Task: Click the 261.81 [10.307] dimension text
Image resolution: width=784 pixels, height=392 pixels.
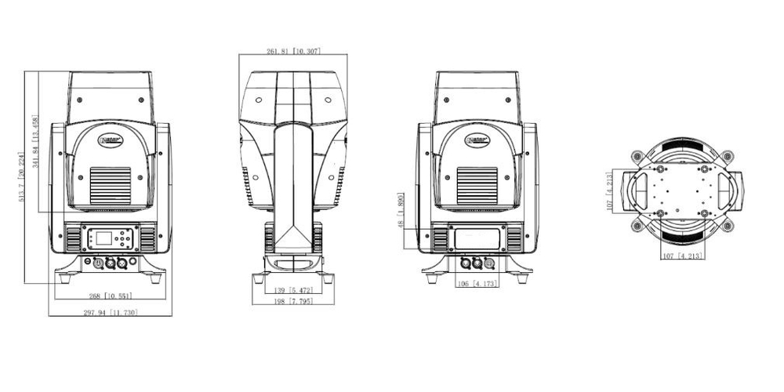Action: pos(293,51)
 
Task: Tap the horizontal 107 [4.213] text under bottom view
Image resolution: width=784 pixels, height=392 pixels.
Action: pos(681,256)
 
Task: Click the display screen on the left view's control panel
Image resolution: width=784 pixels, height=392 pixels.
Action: pos(103,238)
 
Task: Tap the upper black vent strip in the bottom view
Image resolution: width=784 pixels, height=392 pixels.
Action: pos(681,147)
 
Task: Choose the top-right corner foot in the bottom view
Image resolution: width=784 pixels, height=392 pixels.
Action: pos(728,155)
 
